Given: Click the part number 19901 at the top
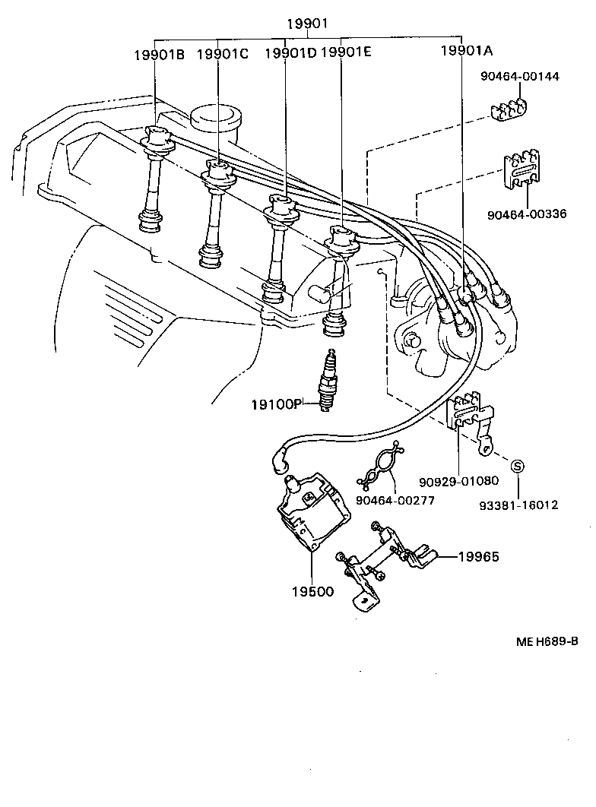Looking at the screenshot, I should pos(306,24).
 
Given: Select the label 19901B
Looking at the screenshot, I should pos(160,54).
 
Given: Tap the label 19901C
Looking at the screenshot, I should pos(223,54).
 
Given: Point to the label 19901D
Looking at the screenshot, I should pos(290,54).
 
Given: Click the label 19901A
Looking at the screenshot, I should pos(468,52).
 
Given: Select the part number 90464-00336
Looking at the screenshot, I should pos(527,214).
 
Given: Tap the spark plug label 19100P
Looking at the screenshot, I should pos(277,403).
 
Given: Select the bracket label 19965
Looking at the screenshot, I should pos(478,556).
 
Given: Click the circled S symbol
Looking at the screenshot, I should pos(517,466).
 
